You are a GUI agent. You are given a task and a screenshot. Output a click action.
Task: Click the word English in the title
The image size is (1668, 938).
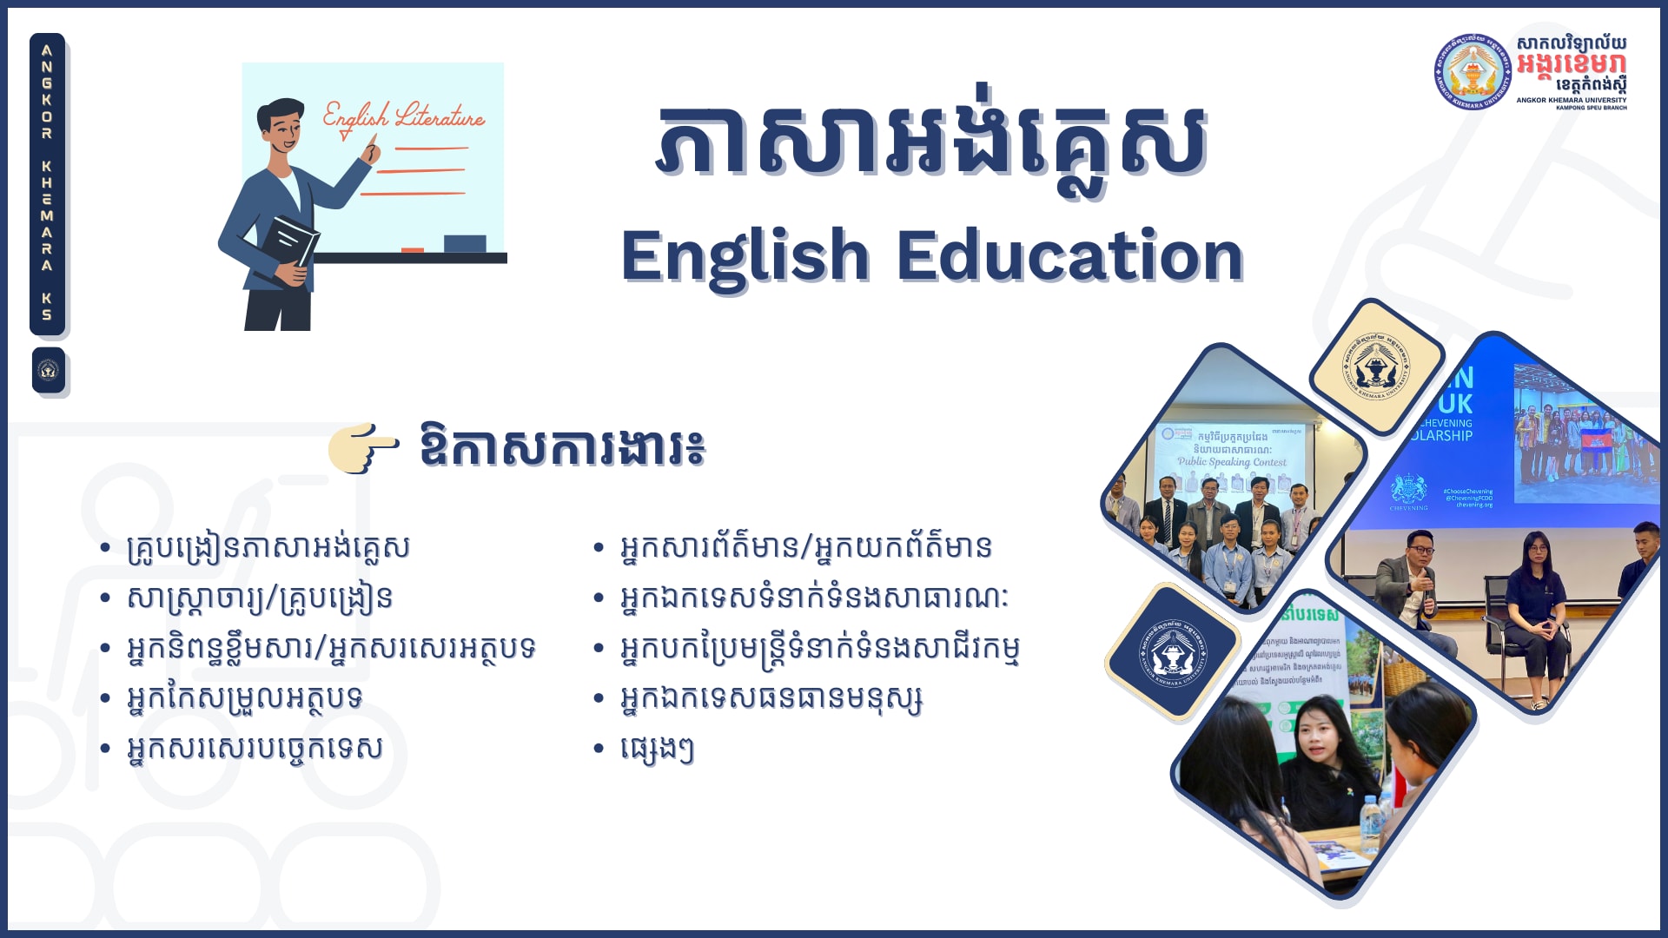pyautogui.click(x=745, y=257)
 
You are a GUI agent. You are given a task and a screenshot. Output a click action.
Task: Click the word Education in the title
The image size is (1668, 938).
pyautogui.click(x=1069, y=257)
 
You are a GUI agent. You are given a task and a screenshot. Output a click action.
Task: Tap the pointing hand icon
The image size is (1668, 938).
pyautogui.click(x=363, y=447)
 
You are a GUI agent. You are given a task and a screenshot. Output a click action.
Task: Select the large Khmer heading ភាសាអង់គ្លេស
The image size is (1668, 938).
pyautogui.click(x=931, y=143)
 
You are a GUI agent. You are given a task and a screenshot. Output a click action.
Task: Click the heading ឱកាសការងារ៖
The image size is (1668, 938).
pyautogui.click(x=561, y=447)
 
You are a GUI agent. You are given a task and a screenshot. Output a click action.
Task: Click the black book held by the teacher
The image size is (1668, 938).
pyautogui.click(x=290, y=243)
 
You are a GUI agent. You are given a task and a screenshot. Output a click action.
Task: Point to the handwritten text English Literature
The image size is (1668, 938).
pyautogui.click(x=404, y=117)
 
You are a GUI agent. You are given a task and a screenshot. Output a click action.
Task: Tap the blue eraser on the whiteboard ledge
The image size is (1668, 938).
pyautogui.click(x=465, y=243)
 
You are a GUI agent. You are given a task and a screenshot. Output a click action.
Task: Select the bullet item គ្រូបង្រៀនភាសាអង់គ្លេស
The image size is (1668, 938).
pyautogui.click(x=268, y=548)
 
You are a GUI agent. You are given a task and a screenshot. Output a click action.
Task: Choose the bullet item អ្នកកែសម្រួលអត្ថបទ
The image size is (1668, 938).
pyautogui.click(x=244, y=698)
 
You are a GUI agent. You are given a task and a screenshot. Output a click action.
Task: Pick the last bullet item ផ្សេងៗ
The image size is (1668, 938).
pyautogui.click(x=657, y=749)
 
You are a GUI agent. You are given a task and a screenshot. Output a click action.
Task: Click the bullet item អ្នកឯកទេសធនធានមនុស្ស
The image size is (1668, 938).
pyautogui.click(x=771, y=698)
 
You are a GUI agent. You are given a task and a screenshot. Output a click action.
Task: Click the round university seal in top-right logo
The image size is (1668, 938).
pyautogui.click(x=1472, y=72)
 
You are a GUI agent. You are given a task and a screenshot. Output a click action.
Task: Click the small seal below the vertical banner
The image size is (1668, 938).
pyautogui.click(x=49, y=371)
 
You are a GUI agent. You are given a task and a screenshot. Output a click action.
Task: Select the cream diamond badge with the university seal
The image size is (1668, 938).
pyautogui.click(x=1376, y=366)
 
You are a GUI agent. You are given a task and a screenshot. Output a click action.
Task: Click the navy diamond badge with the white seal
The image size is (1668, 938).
pyautogui.click(x=1172, y=651)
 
